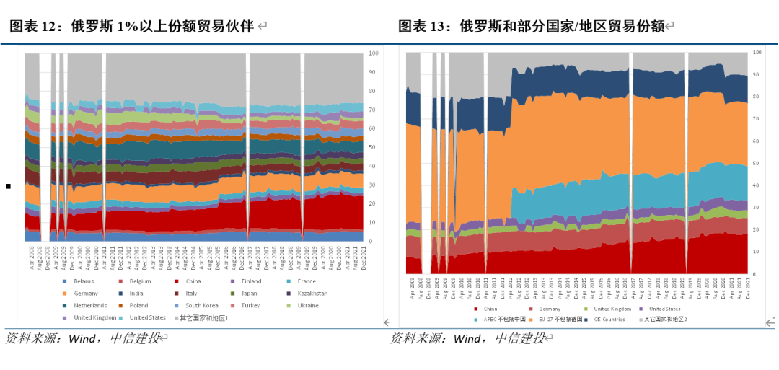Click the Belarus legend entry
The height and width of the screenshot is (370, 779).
point(84,281)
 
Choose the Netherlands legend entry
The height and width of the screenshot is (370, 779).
point(89,306)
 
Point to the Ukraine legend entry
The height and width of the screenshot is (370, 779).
point(308,306)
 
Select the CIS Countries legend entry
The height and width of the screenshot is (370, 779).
point(607,319)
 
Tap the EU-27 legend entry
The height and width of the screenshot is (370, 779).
point(550,319)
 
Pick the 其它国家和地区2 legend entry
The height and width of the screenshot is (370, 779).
point(666,319)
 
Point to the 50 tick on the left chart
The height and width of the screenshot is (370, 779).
point(372,147)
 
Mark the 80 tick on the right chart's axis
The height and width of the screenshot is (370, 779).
point(755,97)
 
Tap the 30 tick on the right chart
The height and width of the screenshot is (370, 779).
point(755,208)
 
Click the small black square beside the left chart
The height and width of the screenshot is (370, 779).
point(8,186)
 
